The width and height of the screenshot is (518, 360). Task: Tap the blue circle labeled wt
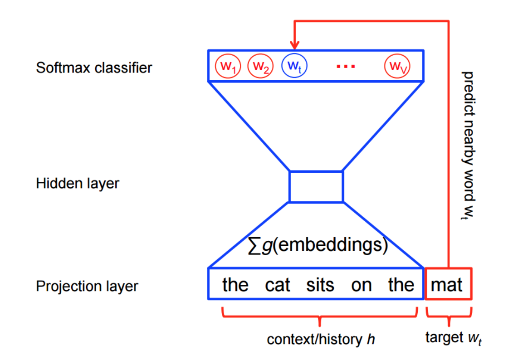[294, 67]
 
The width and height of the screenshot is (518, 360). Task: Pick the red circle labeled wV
[397, 67]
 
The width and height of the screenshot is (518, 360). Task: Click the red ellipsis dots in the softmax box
[346, 67]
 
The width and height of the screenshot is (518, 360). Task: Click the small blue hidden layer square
[316, 186]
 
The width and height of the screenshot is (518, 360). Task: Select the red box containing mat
[448, 284]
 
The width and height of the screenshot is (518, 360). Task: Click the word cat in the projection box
[277, 285]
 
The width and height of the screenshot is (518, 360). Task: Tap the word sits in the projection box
[320, 285]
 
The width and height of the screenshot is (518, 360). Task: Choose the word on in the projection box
[361, 285]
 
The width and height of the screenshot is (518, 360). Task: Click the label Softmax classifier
[94, 68]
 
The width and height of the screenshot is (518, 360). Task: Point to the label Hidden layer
[78, 184]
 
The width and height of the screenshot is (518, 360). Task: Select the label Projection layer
[87, 287]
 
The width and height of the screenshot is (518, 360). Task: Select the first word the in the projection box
[235, 285]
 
